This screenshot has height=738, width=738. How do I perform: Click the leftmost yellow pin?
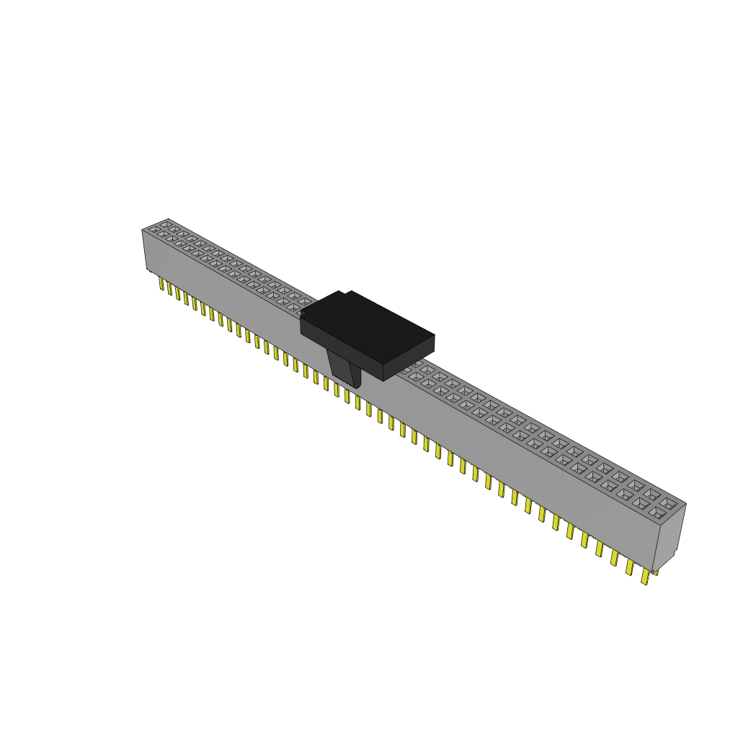click(x=161, y=283)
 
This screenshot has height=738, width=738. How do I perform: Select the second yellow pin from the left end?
click(x=170, y=288)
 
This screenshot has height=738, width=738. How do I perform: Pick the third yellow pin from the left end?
click(x=178, y=292)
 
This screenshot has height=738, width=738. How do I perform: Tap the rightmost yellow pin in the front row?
click(x=645, y=577)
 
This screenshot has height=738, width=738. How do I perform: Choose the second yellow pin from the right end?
click(x=629, y=567)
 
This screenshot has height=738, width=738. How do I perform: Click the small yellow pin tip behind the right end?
click(x=655, y=572)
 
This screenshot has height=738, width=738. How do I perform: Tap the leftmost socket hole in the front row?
click(x=154, y=230)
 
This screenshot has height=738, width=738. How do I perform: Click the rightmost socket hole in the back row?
click(x=669, y=503)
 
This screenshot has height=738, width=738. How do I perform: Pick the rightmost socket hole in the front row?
click(x=657, y=512)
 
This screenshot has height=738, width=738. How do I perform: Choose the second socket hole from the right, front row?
click(x=641, y=503)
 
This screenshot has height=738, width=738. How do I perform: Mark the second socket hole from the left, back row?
click(x=174, y=230)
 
